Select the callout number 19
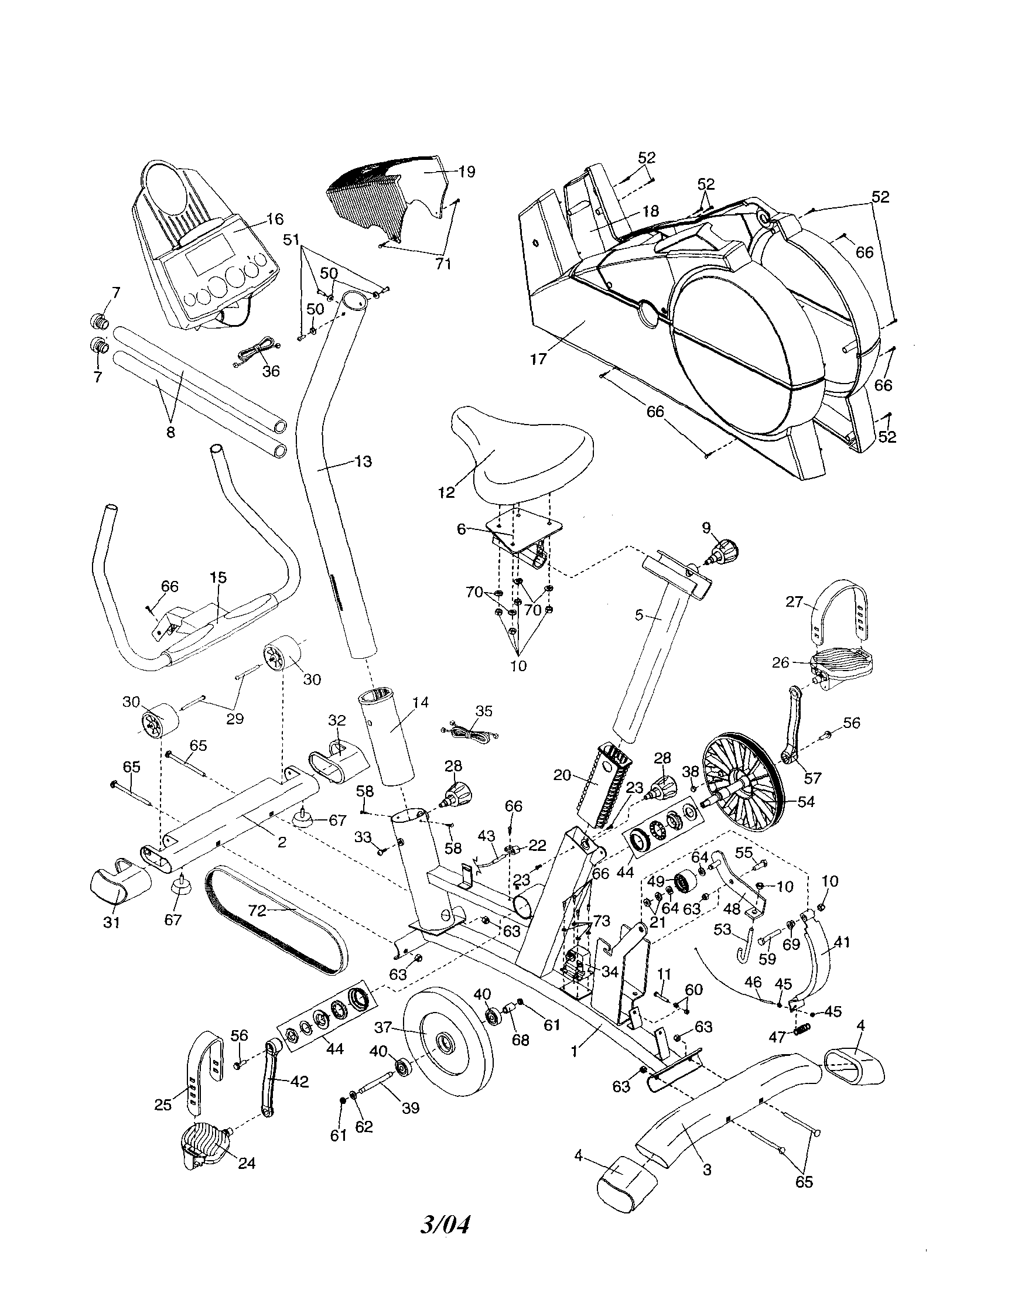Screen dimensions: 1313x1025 466,172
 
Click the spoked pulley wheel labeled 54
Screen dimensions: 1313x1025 743,798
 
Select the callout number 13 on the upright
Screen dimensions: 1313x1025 363,461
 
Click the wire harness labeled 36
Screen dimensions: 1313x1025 255,353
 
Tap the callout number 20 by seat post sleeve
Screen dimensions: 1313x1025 562,775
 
